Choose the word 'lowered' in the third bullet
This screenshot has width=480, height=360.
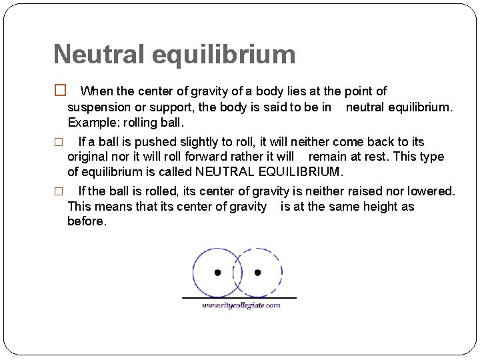pos(430,191)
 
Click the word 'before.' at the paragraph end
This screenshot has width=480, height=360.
pos(87,221)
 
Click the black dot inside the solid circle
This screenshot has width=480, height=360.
pos(217,273)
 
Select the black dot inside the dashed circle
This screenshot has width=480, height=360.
pos(257,273)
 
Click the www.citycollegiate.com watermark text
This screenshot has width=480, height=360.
pos(241,306)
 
